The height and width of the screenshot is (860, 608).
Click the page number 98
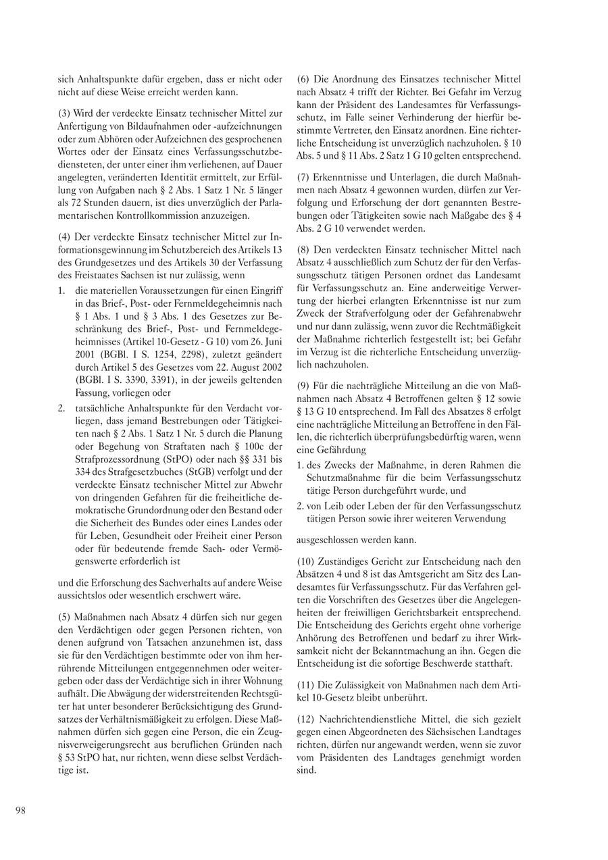coord(20,811)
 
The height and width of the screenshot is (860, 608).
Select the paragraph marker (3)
coord(65,111)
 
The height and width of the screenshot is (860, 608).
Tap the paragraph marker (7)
coord(303,177)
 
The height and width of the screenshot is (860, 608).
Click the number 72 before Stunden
coord(64,203)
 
